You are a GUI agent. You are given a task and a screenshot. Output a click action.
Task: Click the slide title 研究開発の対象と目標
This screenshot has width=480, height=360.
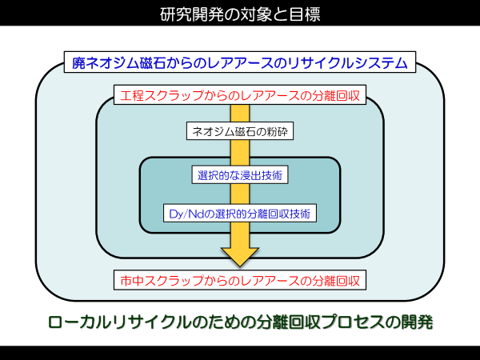pyautogui.click(x=240, y=14)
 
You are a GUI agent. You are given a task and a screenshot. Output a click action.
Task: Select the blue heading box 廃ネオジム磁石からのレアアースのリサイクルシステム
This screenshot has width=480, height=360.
pyautogui.click(x=240, y=62)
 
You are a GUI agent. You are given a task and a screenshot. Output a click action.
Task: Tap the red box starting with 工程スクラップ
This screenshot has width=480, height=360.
pyautogui.click(x=240, y=95)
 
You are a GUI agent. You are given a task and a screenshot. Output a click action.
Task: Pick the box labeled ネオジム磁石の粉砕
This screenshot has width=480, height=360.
pyautogui.click(x=240, y=131)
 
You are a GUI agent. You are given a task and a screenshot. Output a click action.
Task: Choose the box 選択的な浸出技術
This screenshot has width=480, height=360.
pyautogui.click(x=240, y=174)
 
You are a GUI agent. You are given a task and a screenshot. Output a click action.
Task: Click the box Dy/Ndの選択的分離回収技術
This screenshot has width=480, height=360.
pyautogui.click(x=240, y=213)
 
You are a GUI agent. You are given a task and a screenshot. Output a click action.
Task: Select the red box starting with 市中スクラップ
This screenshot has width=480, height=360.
pyautogui.click(x=240, y=280)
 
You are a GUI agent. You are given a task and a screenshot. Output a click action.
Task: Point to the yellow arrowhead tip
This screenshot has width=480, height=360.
pyautogui.click(x=240, y=266)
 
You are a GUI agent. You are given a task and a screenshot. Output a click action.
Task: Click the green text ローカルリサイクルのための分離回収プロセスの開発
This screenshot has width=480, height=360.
pyautogui.click(x=241, y=322)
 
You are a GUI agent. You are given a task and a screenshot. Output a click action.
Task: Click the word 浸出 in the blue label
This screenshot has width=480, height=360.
pyautogui.click(x=250, y=175)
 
